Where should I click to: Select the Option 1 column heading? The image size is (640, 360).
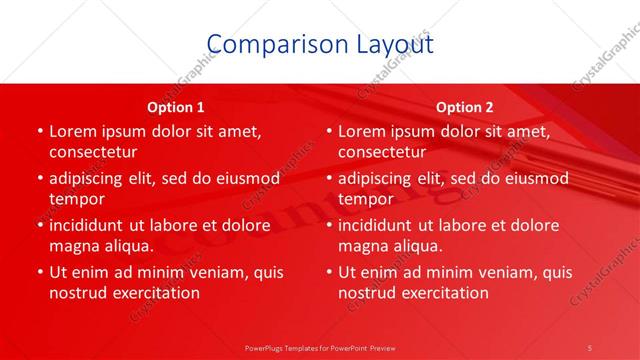click(176, 106)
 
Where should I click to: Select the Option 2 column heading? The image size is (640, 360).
click(465, 106)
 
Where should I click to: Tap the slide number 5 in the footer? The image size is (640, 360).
click(591, 346)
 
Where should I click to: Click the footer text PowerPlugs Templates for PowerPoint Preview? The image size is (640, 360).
click(320, 346)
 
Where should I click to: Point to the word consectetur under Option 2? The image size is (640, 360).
click(382, 152)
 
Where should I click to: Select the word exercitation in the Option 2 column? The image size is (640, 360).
click(443, 292)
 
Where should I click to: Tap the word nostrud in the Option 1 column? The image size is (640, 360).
click(77, 292)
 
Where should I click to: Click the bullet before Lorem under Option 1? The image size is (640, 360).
click(38, 132)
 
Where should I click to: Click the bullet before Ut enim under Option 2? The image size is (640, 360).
click(327, 272)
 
